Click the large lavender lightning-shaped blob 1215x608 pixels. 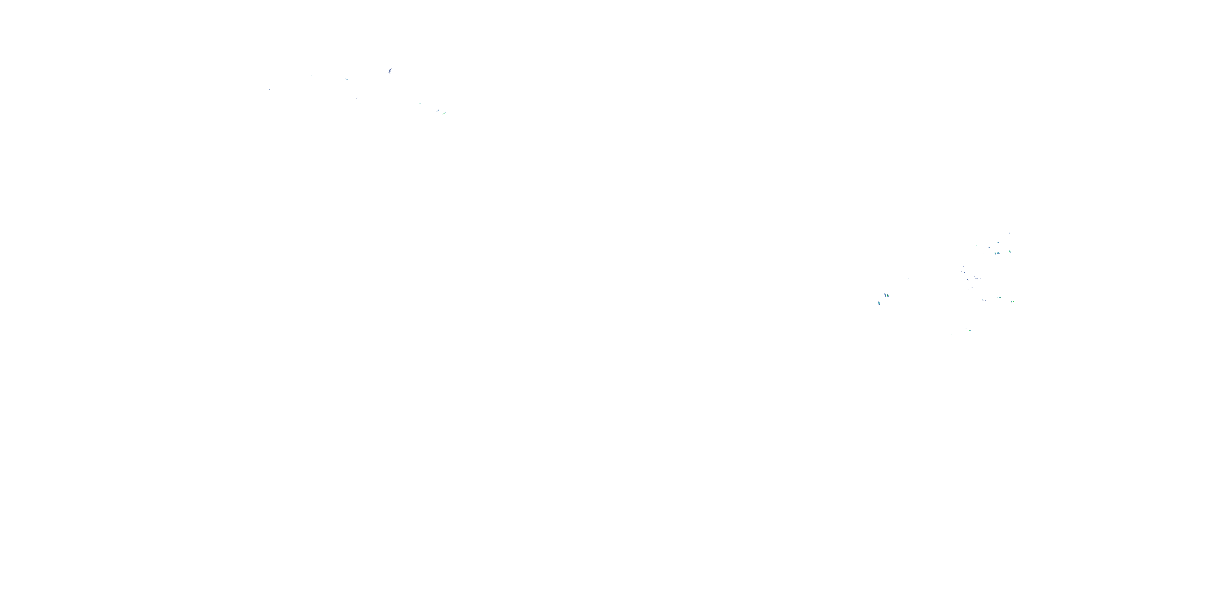click(390, 71)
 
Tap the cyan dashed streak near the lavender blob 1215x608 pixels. click(347, 79)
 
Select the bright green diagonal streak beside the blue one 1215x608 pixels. click(444, 113)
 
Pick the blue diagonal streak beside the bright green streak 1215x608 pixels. click(438, 111)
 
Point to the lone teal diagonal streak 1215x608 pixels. click(420, 103)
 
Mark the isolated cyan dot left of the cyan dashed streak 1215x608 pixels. click(311, 75)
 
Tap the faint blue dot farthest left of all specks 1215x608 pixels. click(269, 89)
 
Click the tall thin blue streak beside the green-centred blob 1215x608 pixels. click(885, 295)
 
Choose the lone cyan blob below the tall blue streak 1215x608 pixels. click(879, 303)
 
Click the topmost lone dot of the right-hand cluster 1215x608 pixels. click(1009, 233)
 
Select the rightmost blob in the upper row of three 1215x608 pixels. click(1010, 252)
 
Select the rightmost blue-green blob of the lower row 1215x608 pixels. click(1013, 301)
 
